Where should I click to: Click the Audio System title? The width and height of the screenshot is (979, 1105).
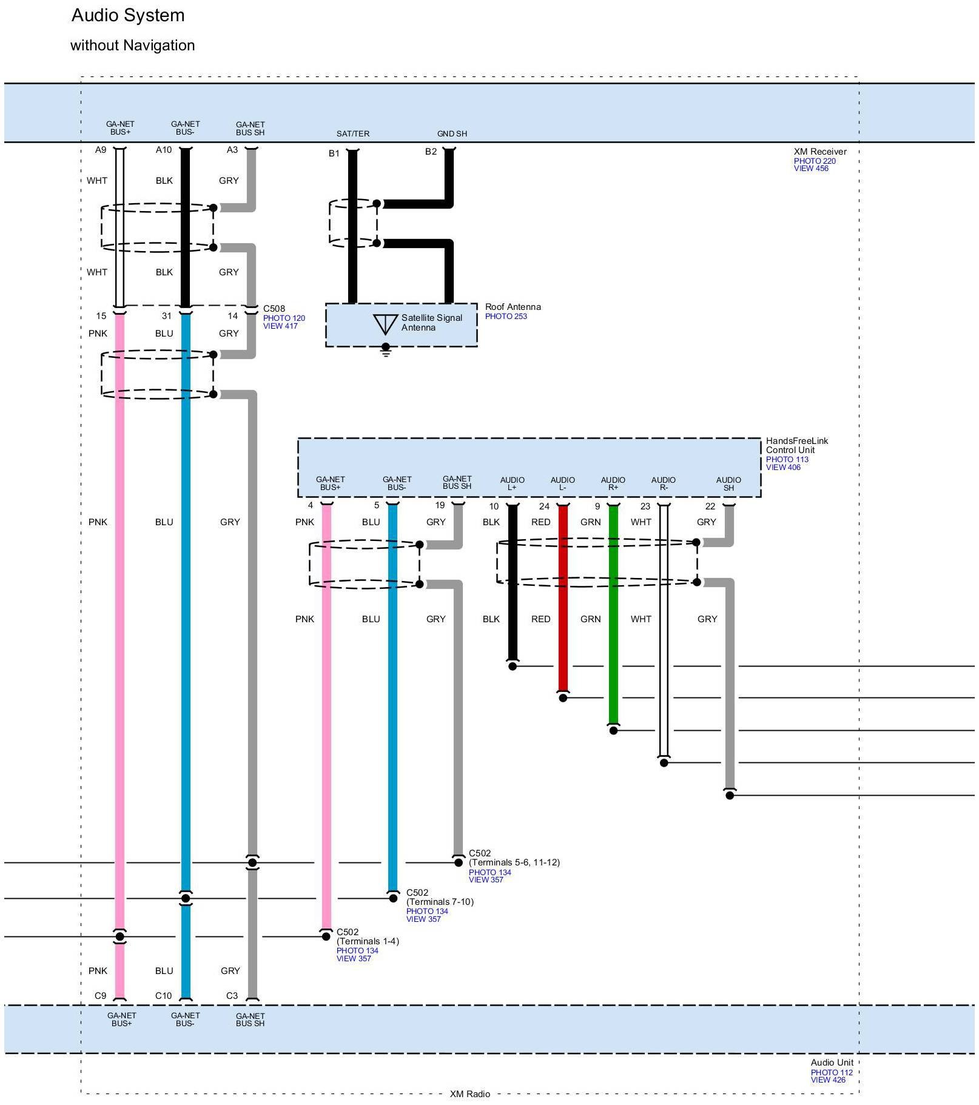point(128,15)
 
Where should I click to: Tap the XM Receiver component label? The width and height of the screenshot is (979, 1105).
point(819,152)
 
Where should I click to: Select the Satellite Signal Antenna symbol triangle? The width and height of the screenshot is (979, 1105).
point(385,324)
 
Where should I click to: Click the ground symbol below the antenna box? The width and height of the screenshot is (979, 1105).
point(385,351)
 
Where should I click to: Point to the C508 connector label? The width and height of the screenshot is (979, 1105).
point(274,309)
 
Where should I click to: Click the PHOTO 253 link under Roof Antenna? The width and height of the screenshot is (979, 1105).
point(506,317)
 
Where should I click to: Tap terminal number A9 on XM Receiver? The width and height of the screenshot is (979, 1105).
point(101,150)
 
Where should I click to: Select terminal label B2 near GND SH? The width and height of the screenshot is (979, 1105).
point(431,152)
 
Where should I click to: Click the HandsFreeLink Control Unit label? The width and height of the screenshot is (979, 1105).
point(796,445)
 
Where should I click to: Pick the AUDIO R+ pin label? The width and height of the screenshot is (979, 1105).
point(613,483)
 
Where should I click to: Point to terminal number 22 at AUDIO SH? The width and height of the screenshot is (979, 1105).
point(710,506)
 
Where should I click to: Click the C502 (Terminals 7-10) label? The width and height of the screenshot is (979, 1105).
point(440,897)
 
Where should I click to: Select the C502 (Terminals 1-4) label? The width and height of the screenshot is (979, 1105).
point(368,936)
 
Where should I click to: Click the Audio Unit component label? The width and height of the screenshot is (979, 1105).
point(832,1063)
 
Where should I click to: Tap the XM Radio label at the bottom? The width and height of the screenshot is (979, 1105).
point(469,1094)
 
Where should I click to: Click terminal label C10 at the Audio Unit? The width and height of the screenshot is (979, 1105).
point(163,995)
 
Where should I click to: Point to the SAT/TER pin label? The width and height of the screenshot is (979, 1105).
point(353,133)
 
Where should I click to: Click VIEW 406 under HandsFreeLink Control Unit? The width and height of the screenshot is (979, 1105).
point(783,467)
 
